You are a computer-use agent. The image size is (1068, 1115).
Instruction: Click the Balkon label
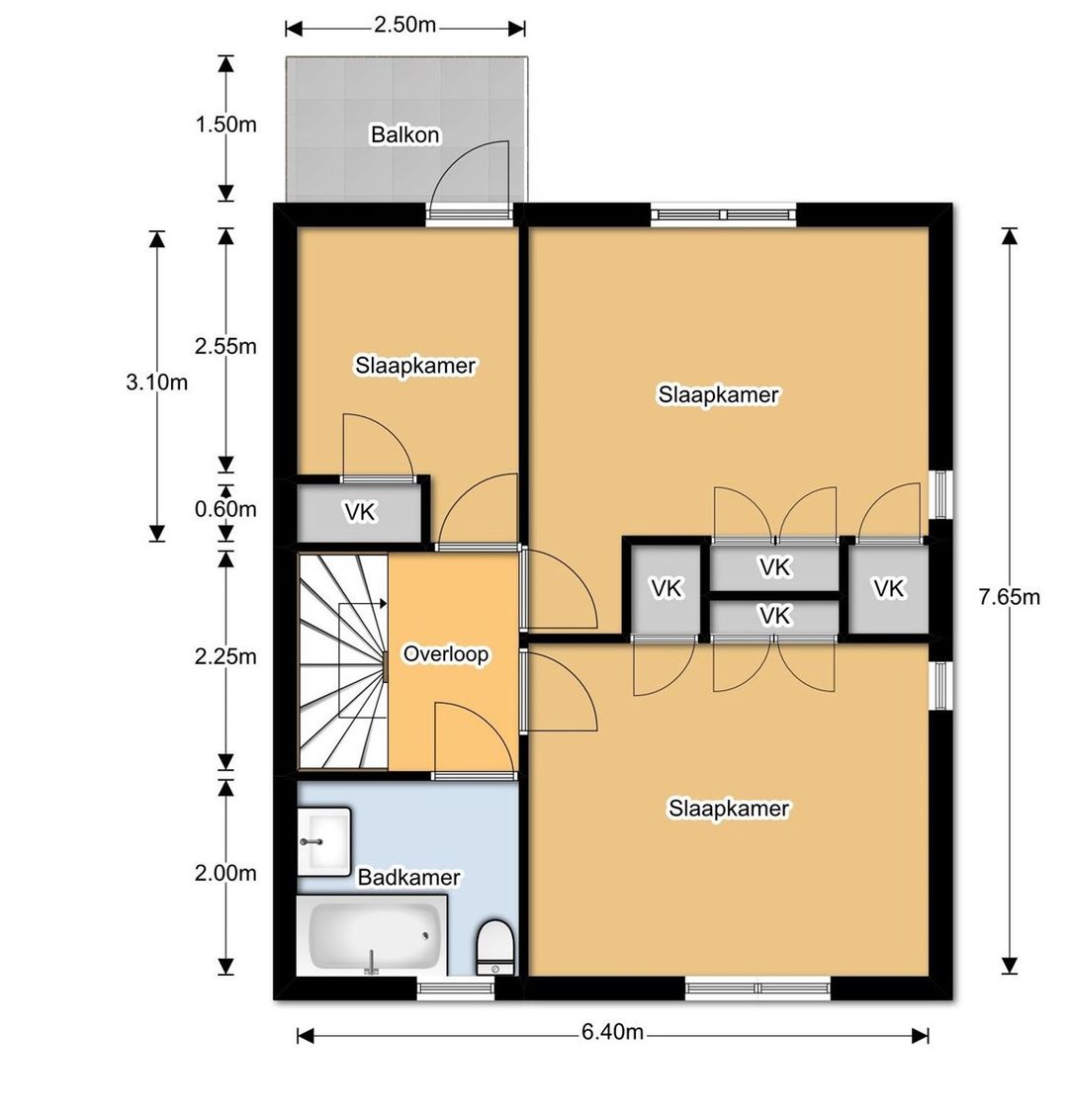click(404, 134)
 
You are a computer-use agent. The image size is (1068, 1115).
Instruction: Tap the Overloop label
click(446, 653)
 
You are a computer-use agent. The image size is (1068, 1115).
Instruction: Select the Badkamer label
click(408, 878)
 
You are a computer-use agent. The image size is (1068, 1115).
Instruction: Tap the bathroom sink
click(324, 842)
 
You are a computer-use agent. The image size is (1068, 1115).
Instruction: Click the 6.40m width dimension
click(613, 1031)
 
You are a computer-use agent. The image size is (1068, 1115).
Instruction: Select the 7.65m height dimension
click(1009, 597)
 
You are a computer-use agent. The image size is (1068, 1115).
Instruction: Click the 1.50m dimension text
click(226, 125)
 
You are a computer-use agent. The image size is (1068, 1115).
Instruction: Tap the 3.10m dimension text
click(157, 383)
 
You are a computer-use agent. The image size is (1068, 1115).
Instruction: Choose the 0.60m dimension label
click(225, 509)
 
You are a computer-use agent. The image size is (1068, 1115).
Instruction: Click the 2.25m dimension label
click(225, 655)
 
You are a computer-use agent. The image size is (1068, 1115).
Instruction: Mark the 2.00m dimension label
click(225, 873)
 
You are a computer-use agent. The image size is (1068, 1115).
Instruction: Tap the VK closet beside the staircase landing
click(360, 512)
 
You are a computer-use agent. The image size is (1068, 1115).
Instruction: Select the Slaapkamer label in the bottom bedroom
click(729, 809)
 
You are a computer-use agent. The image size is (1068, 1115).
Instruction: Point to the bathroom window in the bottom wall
click(455, 987)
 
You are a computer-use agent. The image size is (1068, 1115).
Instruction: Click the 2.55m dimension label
click(225, 346)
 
